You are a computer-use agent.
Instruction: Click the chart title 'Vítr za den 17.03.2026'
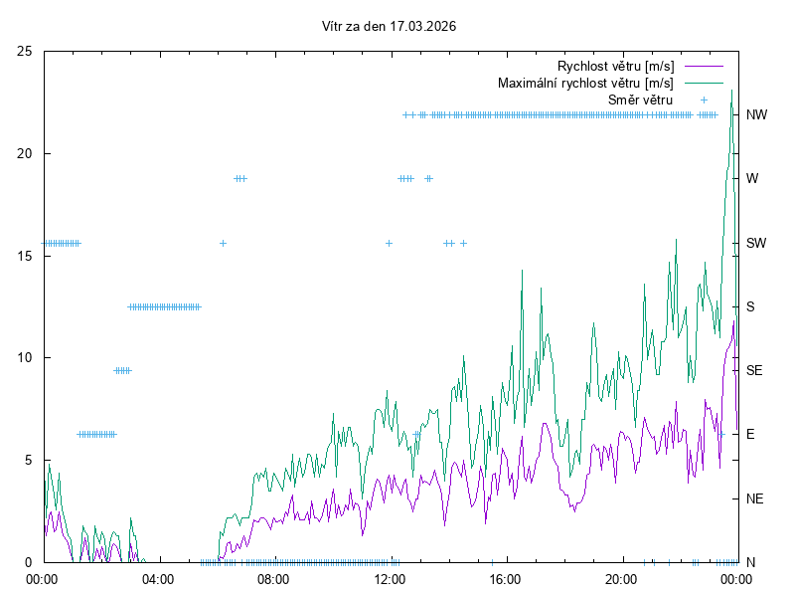[390, 26]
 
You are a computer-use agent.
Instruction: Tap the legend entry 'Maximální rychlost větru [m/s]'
[585, 83]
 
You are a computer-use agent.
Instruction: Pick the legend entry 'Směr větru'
[640, 99]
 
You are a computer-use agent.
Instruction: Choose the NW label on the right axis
[757, 114]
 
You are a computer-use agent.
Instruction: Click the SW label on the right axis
[756, 243]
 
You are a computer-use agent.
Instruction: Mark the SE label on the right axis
[754, 370]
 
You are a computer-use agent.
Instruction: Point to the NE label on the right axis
[754, 497]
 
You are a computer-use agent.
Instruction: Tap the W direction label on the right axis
[752, 178]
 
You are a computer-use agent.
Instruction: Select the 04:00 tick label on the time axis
[158, 578]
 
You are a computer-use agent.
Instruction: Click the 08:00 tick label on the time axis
[273, 578]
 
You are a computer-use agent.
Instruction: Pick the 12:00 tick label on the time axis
[390, 578]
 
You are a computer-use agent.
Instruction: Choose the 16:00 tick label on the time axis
[506, 578]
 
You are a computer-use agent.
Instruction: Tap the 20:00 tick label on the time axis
[621, 578]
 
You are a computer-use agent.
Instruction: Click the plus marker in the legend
[704, 99]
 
